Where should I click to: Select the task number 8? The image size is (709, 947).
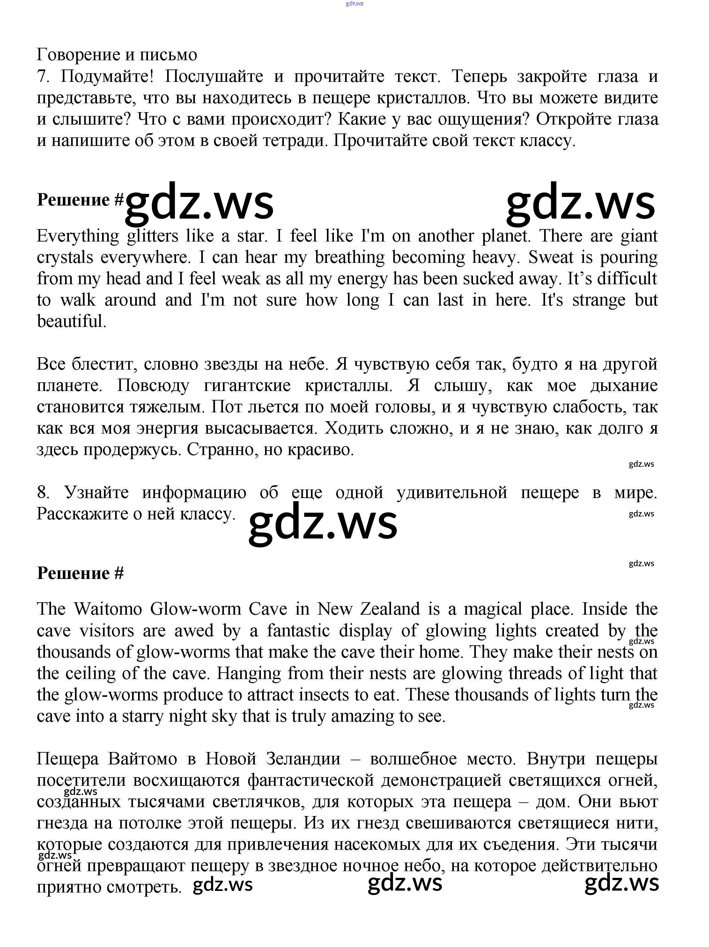point(42,492)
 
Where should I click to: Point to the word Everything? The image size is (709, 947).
point(78,236)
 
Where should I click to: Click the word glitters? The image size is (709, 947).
point(152,236)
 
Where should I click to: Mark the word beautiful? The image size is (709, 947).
point(71,322)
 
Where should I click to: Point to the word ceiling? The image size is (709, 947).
point(90,673)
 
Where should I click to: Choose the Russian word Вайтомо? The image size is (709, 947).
point(142,759)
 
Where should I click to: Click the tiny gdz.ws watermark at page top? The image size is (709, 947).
point(354,4)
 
